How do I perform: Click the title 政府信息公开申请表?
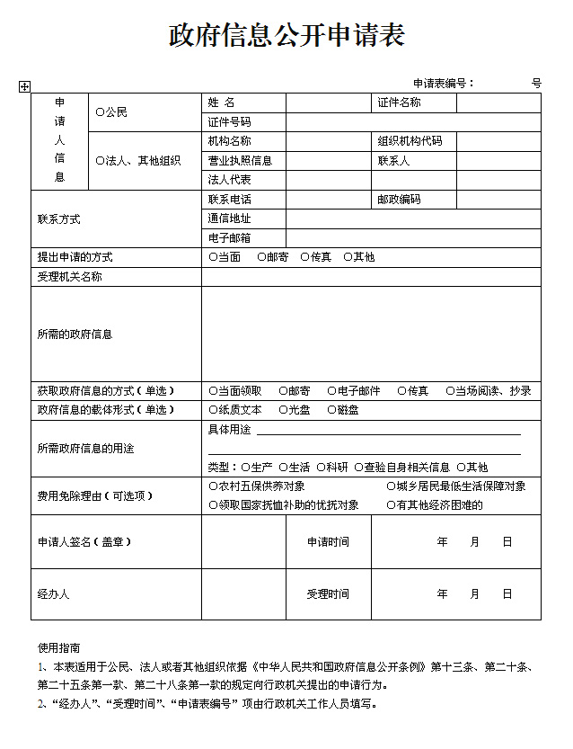tap(286, 35)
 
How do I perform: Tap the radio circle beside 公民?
tap(100, 112)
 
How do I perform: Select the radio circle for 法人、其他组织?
tap(100, 161)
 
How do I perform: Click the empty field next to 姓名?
tap(329, 103)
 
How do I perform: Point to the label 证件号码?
tap(229, 122)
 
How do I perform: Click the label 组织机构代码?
tap(410, 141)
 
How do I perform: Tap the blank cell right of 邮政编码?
tap(498, 200)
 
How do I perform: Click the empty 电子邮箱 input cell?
tap(413, 238)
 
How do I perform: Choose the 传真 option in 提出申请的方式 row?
tap(305, 257)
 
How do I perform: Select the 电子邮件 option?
tap(331, 391)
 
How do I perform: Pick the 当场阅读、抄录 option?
tap(450, 391)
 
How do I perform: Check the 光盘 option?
tap(283, 410)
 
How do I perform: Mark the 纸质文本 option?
tap(213, 410)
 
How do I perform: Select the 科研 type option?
tap(321, 468)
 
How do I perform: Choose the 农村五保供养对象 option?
tap(213, 486)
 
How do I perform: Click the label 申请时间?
tap(328, 542)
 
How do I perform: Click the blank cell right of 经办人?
tap(243, 594)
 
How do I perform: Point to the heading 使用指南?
tap(58, 647)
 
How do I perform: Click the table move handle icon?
tap(24, 86)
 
